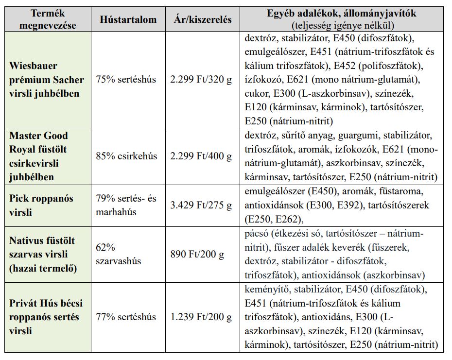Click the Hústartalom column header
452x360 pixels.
click(128, 19)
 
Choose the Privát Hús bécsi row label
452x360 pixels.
click(46, 317)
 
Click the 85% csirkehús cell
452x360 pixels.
click(126, 156)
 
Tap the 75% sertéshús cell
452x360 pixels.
click(126, 79)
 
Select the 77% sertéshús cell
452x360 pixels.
click(126, 317)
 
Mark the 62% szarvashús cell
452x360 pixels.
click(118, 254)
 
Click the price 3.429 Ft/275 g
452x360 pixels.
click(201, 206)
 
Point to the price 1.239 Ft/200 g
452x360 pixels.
click(201, 317)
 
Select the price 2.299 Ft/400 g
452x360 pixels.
click(201, 156)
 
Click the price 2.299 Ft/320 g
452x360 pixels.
click(201, 79)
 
